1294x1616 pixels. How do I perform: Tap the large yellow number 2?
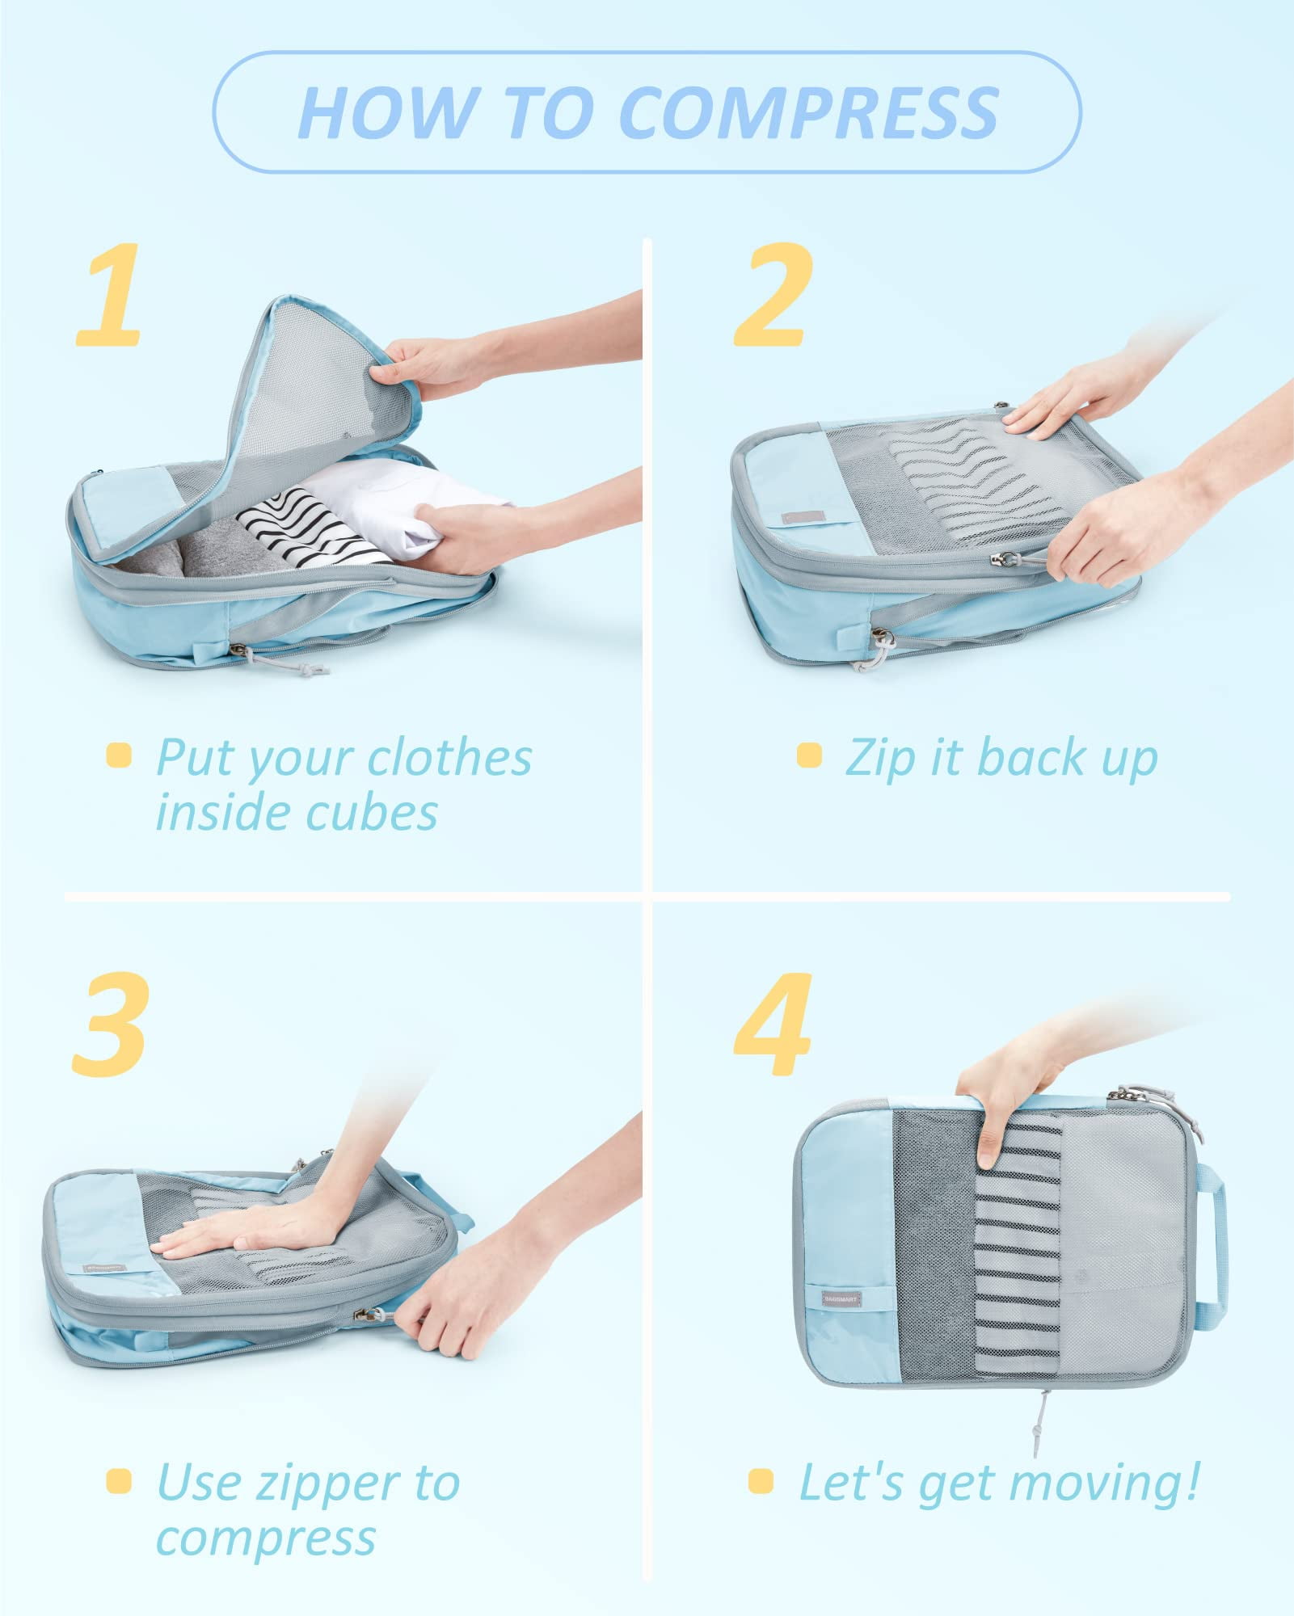772,297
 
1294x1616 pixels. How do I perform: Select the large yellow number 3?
111,1025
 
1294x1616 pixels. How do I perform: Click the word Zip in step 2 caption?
881,759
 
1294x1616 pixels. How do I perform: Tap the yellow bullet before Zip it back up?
808,755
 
